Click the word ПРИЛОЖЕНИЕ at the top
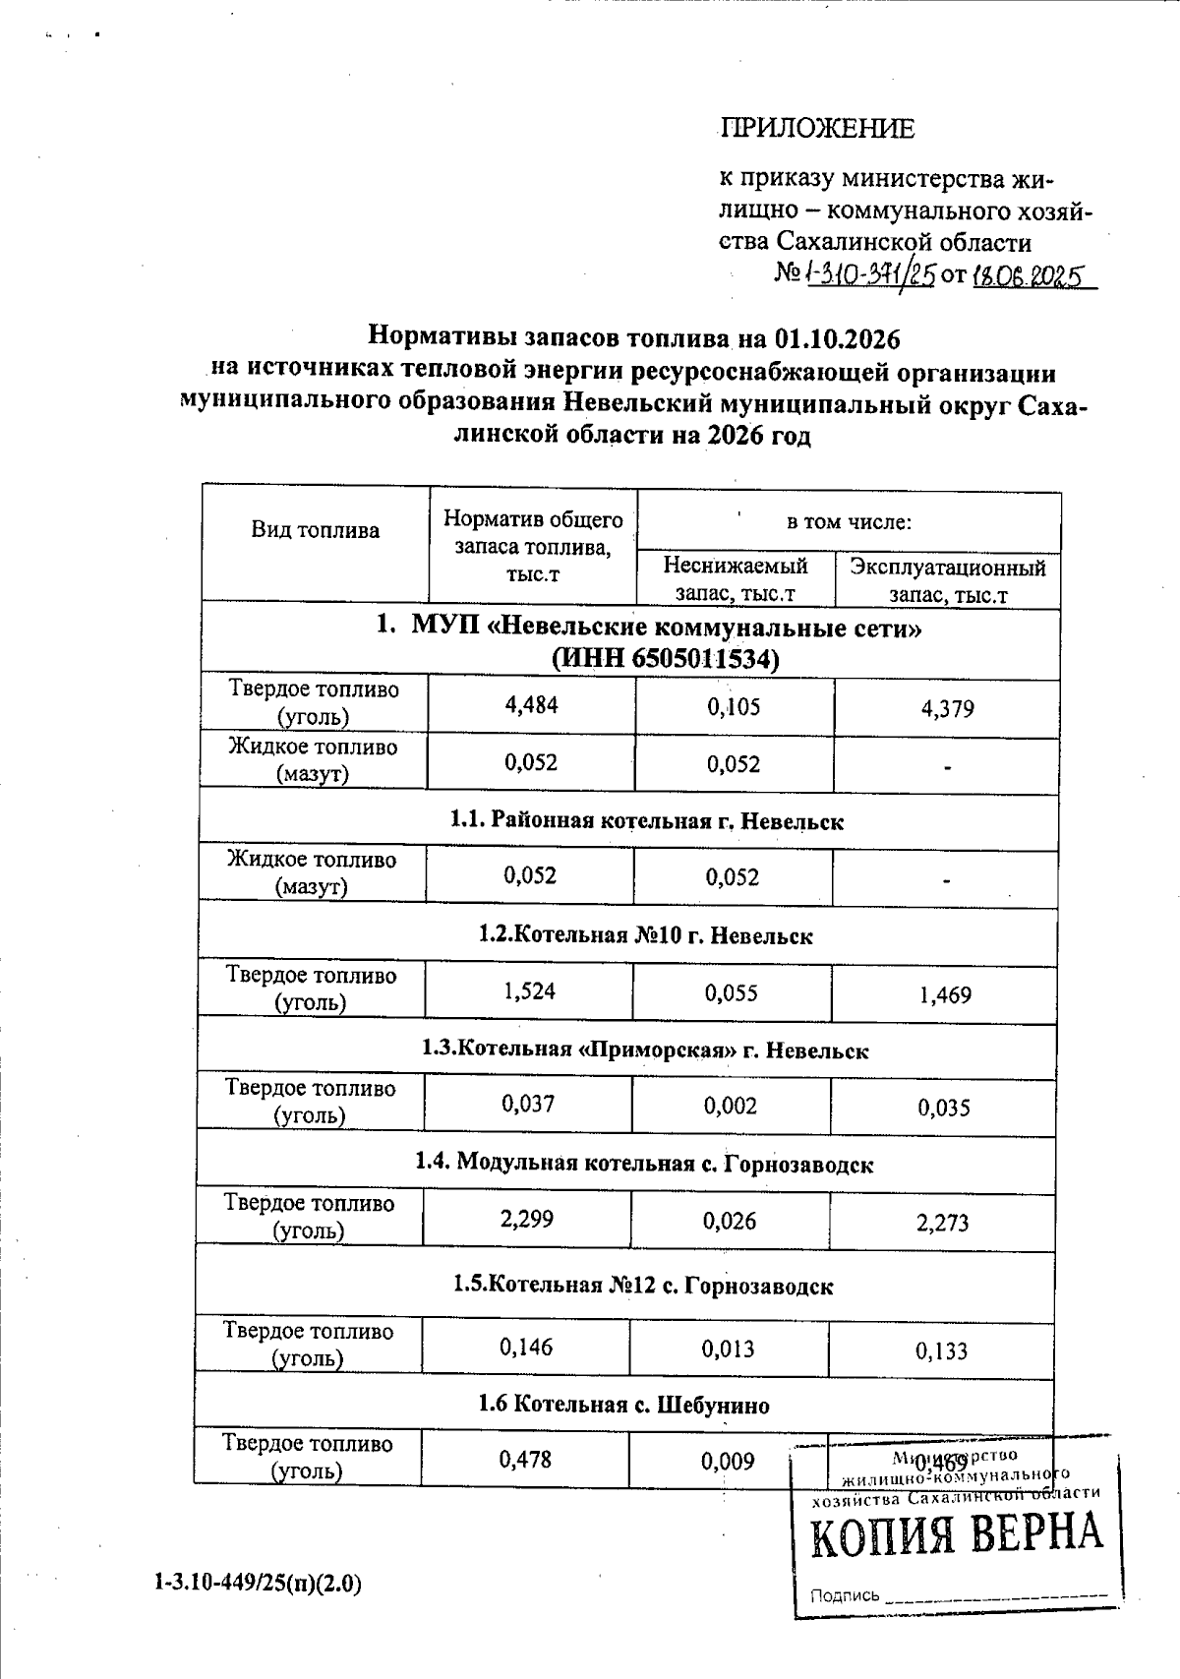point(818,129)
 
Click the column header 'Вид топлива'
point(315,531)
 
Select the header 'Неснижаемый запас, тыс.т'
point(735,579)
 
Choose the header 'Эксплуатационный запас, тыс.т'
point(948,580)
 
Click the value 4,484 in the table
point(530,705)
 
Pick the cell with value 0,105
point(734,706)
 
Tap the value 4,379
point(947,708)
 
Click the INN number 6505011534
point(693,658)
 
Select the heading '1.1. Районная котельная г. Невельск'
point(646,821)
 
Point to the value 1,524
point(529,990)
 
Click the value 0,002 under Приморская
point(730,1106)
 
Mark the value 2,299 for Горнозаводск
point(527,1220)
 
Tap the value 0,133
point(941,1351)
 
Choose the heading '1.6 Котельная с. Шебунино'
point(623,1405)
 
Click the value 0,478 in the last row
point(525,1460)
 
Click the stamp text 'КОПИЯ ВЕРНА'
point(956,1535)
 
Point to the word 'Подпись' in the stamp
point(845,1595)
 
